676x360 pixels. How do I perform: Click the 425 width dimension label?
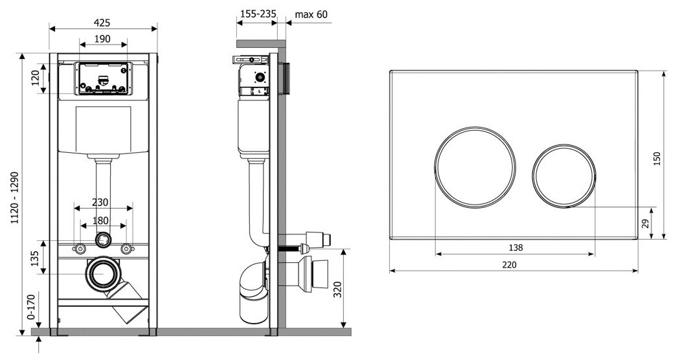(x=102, y=23)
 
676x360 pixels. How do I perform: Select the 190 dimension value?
(x=102, y=39)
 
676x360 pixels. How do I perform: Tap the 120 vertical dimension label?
(x=36, y=78)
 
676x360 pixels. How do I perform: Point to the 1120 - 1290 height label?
(x=15, y=197)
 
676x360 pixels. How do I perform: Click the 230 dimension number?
(x=100, y=202)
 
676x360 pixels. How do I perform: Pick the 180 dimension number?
(x=100, y=221)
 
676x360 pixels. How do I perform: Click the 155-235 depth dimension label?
(x=258, y=14)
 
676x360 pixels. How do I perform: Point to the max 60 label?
(x=311, y=14)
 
